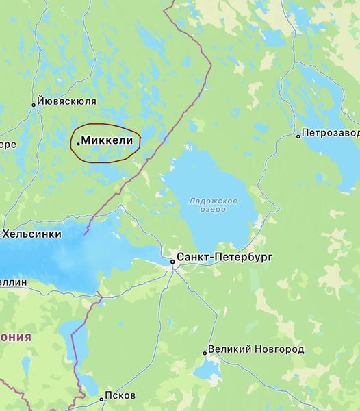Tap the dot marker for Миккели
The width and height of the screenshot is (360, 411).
tap(78, 142)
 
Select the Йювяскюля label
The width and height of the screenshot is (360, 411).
tap(66, 101)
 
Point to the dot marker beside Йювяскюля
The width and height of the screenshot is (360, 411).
tap(33, 105)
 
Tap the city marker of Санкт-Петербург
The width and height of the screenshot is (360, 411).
tap(172, 260)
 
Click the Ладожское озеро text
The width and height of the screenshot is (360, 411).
tap(214, 204)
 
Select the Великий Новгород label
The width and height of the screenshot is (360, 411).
tap(257, 349)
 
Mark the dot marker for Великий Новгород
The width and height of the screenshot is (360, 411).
tap(205, 353)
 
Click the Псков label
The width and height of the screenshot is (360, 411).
tap(120, 396)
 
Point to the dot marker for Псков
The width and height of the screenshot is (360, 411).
tap(101, 398)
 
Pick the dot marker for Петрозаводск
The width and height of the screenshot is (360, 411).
tap(298, 136)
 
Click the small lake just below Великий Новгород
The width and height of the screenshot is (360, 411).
tap(205, 371)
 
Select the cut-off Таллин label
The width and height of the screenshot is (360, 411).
tap(14, 282)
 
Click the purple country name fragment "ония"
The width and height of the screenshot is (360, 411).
tap(15, 337)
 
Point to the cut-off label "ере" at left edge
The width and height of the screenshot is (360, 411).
tap(8, 145)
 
